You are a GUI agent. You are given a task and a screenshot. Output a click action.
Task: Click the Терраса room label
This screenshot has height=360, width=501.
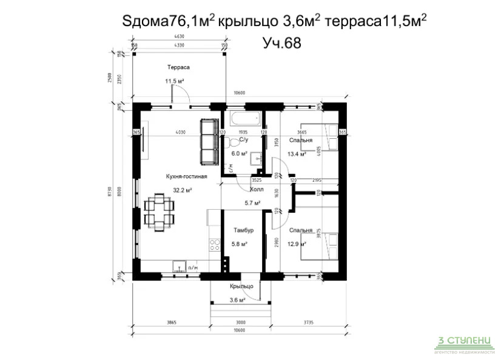(x=180, y=68)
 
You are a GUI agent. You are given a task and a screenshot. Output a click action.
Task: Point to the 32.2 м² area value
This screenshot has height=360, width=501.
(x=183, y=190)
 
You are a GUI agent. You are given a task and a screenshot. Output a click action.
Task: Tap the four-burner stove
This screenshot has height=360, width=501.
(x=214, y=245)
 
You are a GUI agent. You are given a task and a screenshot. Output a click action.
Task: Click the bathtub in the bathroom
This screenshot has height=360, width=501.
(x=243, y=119)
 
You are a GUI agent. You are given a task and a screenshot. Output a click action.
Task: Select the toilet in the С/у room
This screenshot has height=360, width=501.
(x=234, y=143)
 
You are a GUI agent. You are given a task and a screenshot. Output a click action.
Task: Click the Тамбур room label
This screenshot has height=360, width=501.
(x=243, y=231)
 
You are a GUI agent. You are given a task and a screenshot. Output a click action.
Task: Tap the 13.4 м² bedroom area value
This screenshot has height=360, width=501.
(x=296, y=154)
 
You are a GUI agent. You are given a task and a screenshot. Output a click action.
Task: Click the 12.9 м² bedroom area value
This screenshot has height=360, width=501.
(x=296, y=244)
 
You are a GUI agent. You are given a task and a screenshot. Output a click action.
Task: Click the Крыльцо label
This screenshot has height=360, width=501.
(x=241, y=286)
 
